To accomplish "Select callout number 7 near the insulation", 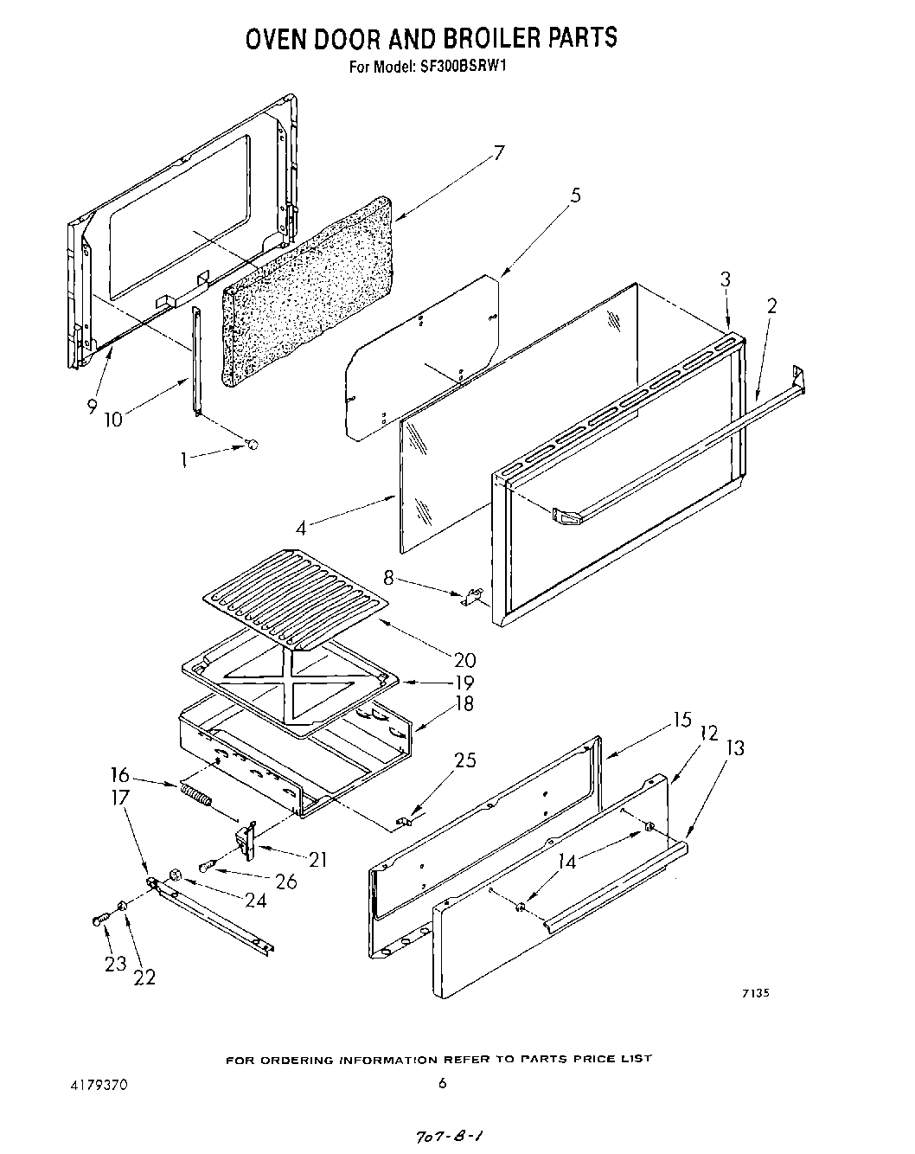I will pos(499,153).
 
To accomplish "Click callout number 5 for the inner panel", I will pos(575,196).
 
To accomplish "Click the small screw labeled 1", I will pos(252,445).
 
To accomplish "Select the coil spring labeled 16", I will pos(195,795).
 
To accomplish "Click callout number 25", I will pos(465,761).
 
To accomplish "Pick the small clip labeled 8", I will pos(471,596).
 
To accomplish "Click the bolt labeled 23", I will pos(98,920).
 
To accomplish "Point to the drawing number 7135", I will pos(755,993).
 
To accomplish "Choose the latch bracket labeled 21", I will pos(246,841).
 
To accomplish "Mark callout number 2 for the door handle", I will pos(771,305).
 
